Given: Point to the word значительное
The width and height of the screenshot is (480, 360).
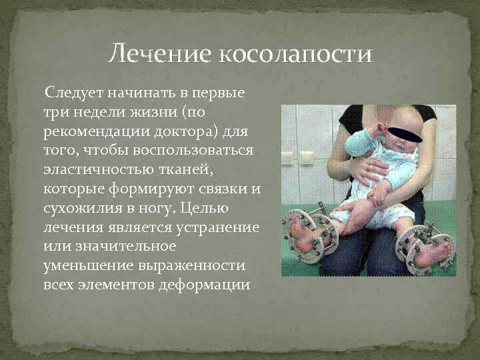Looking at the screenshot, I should [x=119, y=246].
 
